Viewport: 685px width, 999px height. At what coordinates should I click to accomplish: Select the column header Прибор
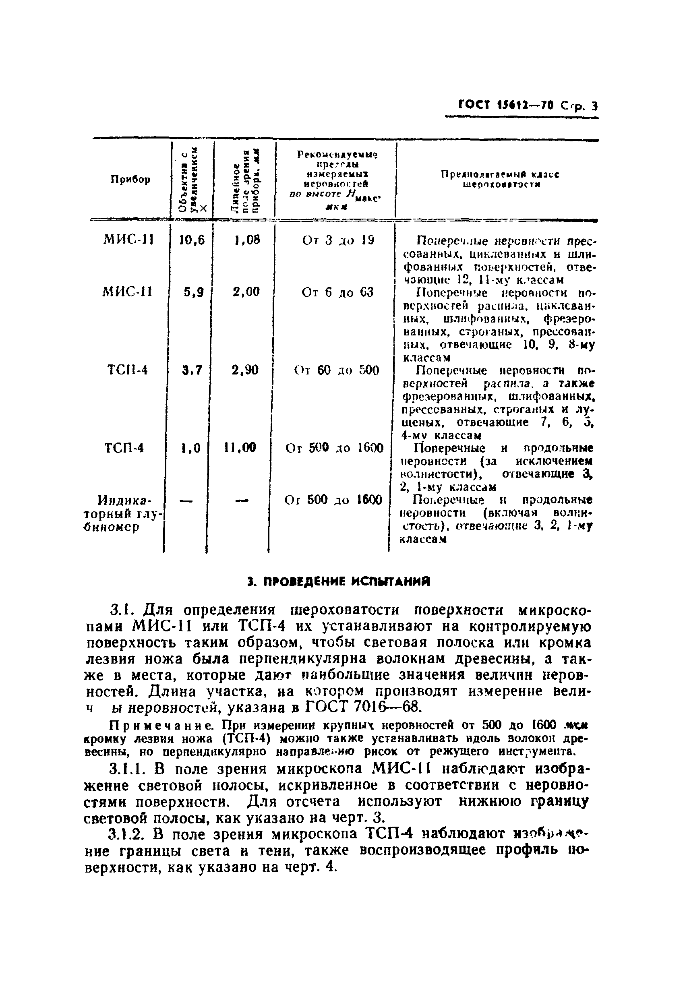131,179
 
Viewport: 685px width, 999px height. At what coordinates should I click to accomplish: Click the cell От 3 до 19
338,240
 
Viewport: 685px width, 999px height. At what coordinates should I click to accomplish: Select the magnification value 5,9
194,292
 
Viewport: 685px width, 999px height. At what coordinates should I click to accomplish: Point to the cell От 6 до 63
337,293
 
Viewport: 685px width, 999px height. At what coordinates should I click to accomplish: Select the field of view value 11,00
240,448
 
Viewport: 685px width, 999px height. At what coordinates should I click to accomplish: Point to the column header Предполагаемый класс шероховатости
500,179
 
